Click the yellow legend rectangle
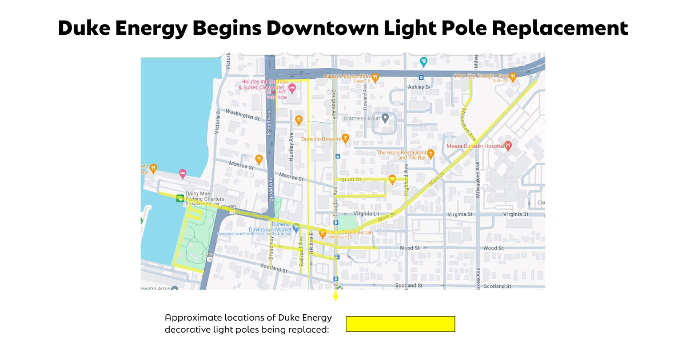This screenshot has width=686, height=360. tap(400, 324)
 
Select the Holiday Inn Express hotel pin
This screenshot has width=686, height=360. tap(292, 88)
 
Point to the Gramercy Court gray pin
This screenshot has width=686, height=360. tap(386, 118)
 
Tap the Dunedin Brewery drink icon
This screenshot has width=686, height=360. tap(345, 138)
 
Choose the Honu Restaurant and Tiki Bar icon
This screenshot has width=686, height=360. tap(431, 153)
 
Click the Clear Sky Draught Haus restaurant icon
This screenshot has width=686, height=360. tap(513, 76)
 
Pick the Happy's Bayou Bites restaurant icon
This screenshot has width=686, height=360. tap(376, 76)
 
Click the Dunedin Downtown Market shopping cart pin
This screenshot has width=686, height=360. tap(296, 227)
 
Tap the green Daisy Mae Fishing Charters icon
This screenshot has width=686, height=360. tap(180, 198)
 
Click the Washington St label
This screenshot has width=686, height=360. tap(242, 115)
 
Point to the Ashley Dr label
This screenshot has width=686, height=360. tap(419, 87)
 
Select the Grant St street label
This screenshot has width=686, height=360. tap(351, 179)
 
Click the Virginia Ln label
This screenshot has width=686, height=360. tap(366, 214)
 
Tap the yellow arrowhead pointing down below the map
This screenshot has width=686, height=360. tap(336, 297)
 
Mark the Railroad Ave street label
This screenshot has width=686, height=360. tap(301, 257)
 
